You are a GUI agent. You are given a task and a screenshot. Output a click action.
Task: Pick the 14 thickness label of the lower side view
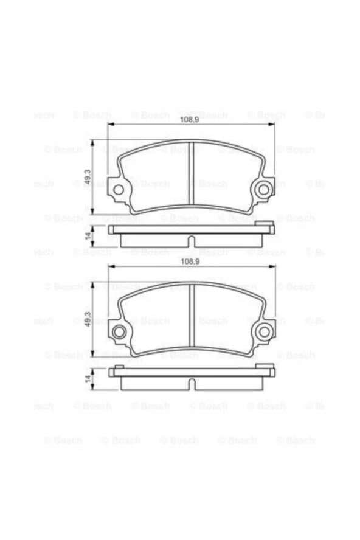[88, 378]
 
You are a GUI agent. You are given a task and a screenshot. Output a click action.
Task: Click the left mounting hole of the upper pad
[119, 189]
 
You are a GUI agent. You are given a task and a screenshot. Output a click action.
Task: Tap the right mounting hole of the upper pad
[263, 189]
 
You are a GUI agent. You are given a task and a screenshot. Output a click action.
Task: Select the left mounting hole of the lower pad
[119, 331]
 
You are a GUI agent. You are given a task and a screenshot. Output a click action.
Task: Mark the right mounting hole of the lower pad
[263, 331]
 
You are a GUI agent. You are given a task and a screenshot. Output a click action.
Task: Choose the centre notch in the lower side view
[191, 385]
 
